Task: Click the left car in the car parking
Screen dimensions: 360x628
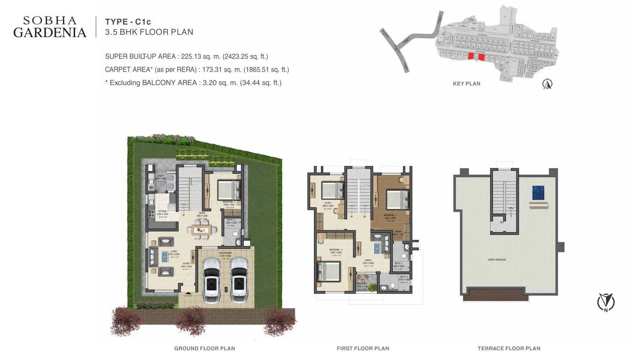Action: tap(211, 280)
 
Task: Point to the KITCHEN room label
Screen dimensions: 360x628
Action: tap(162, 211)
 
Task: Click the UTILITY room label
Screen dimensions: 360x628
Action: tap(161, 175)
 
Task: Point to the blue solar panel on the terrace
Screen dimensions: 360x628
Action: tap(538, 193)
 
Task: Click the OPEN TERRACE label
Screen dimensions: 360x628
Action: tap(497, 260)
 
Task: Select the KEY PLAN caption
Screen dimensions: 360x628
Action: tap(466, 84)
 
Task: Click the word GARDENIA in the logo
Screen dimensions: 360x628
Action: tap(49, 33)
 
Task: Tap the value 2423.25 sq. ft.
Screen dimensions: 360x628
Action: tap(245, 56)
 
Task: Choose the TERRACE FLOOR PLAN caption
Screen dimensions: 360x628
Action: tap(509, 349)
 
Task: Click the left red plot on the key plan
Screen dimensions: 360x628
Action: tap(471, 56)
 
